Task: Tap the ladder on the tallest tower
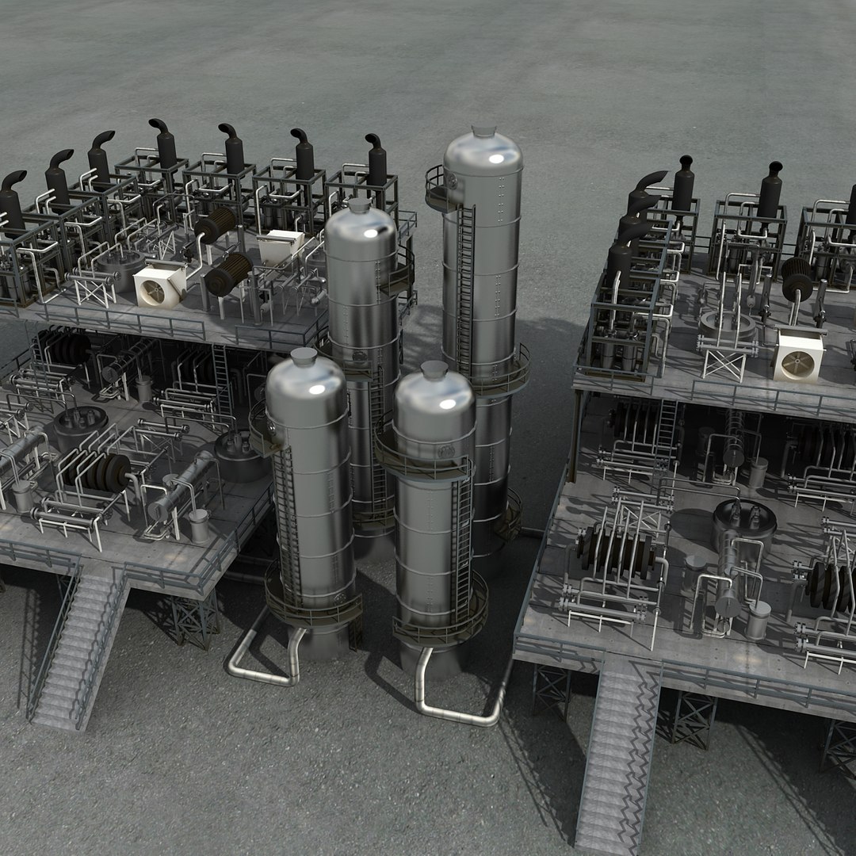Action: [x=465, y=285]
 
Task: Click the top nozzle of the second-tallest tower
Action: [x=359, y=205]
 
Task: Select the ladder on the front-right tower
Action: [x=460, y=539]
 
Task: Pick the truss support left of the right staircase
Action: [x=551, y=690]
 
